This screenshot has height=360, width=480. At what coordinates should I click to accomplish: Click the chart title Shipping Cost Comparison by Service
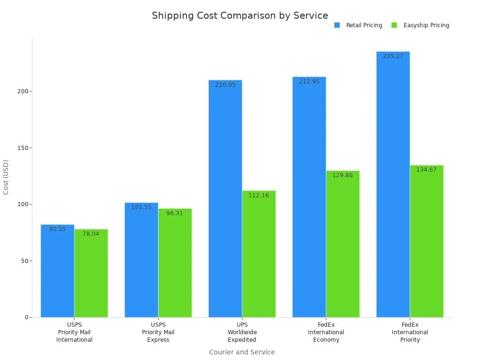(x=240, y=16)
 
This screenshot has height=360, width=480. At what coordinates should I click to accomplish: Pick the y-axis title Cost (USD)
(x=6, y=177)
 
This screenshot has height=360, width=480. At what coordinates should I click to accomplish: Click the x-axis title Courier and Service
(x=242, y=352)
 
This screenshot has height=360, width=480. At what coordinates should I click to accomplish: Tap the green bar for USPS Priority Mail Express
(x=175, y=262)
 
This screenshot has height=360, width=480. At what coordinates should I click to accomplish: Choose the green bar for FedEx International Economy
(x=343, y=244)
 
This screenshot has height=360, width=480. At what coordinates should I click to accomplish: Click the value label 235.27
(x=393, y=56)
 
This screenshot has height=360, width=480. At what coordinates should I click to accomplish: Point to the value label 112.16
(x=259, y=195)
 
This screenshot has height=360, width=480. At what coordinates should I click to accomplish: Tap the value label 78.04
(x=91, y=234)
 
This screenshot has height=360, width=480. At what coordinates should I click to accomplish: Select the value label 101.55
(x=141, y=207)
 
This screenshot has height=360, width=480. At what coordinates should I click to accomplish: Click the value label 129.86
(x=343, y=175)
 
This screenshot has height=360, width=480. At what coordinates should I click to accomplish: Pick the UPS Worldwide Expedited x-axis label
(x=242, y=332)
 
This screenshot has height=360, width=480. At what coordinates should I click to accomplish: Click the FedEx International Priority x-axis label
(x=410, y=332)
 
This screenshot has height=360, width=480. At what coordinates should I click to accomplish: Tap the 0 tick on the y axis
(x=26, y=317)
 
